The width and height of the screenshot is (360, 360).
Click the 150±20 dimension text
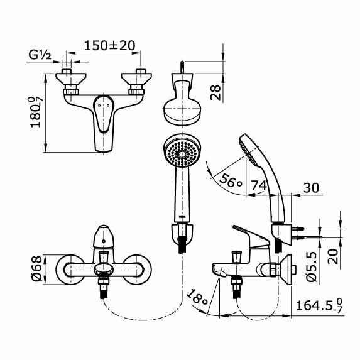[x=109, y=46]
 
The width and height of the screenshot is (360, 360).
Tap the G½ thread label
[x=40, y=55]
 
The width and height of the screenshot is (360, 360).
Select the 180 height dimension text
[x=36, y=112]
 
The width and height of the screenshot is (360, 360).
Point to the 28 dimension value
[x=215, y=92]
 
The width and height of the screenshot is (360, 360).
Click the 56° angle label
[x=231, y=181]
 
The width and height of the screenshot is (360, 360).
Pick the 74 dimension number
[x=258, y=185]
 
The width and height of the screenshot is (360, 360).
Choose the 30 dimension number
[x=311, y=188]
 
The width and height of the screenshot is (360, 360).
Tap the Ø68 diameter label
[x=36, y=269]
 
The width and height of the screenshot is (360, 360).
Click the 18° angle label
[x=197, y=298]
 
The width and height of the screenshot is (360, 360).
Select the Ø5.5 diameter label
[x=312, y=267]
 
